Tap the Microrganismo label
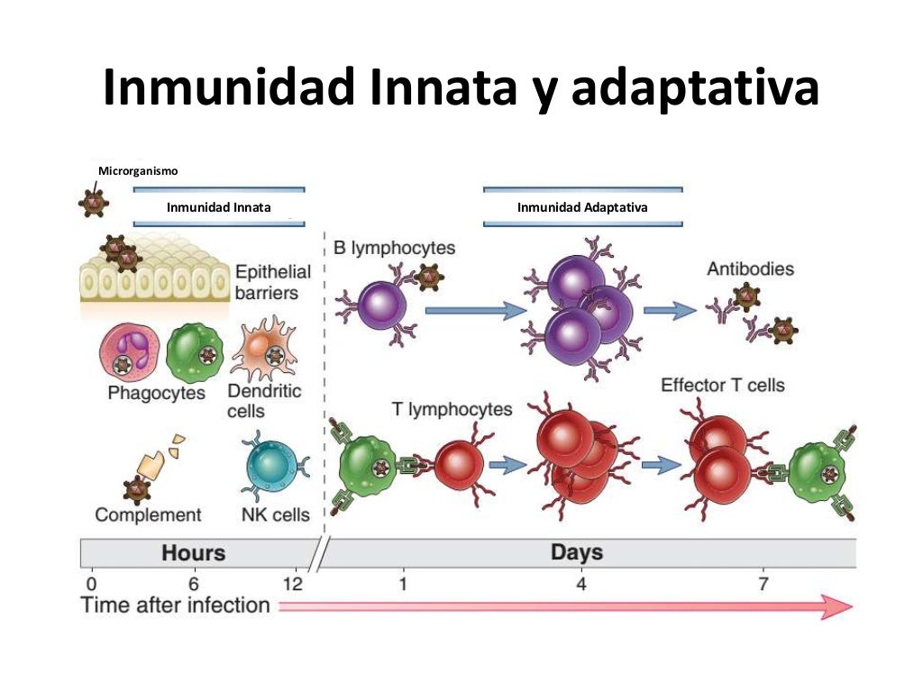point(138,171)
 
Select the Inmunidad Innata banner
point(219,207)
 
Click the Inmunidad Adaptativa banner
point(582,207)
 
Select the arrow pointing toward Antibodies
point(671,310)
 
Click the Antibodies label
point(750,269)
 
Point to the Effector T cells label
point(723,385)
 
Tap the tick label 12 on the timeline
point(292,583)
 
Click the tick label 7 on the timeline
point(763,583)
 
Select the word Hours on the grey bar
point(193,551)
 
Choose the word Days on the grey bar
point(576,551)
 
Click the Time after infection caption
point(176,605)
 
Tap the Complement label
point(148,514)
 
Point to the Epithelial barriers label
point(272,282)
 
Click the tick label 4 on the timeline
point(580,583)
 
